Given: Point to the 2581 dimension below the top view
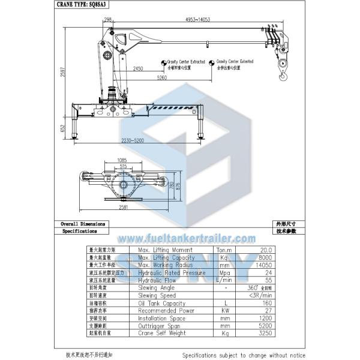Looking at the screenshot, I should tap(124, 207).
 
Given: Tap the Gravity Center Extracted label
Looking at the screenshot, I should tap(185, 61).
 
